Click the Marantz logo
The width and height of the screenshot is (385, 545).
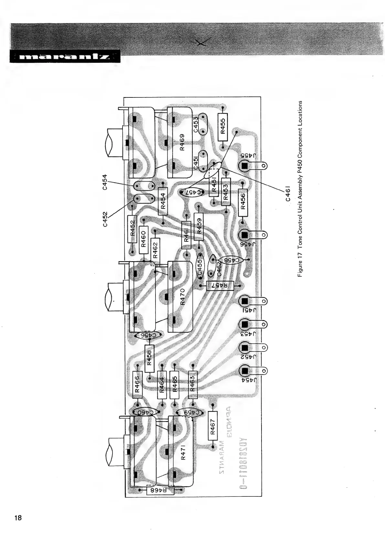tap(65, 57)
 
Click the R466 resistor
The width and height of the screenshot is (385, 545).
tap(137, 384)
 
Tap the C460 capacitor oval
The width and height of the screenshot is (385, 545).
tap(145, 412)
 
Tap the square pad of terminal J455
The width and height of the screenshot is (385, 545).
tap(244, 166)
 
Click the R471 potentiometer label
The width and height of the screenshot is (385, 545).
tap(183, 451)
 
